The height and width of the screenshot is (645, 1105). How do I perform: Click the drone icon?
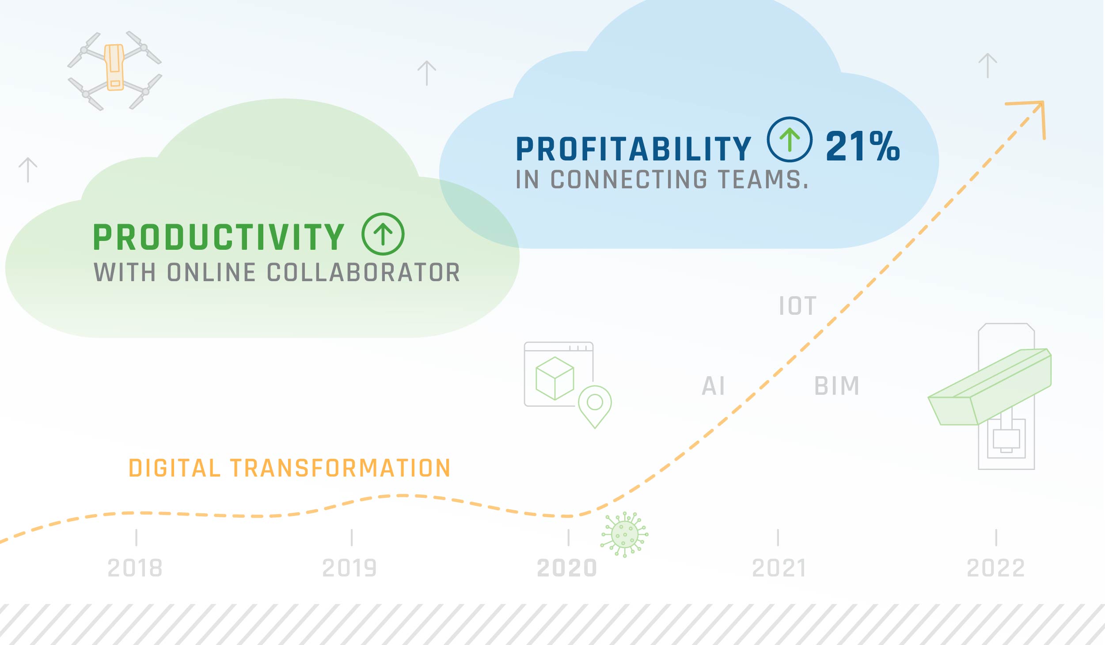tap(114, 70)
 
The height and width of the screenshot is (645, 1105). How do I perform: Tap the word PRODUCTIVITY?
tap(219, 237)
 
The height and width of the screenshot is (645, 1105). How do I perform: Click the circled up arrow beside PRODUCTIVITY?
tap(383, 234)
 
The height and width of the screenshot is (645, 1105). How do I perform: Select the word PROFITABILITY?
tap(634, 149)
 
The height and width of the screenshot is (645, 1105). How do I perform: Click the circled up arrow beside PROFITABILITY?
tap(790, 139)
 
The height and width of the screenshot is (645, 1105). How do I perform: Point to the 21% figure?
tap(863, 146)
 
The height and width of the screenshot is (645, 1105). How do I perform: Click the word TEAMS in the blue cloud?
tap(763, 180)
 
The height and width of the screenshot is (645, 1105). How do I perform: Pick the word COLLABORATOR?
tap(364, 272)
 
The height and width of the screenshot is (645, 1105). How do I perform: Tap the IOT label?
tap(797, 306)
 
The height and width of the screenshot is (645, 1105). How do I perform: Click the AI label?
tap(714, 386)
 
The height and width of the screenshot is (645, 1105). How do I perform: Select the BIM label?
tap(837, 386)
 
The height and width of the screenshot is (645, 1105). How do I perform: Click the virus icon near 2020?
tap(624, 534)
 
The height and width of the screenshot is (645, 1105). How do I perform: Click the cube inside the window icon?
tap(554, 378)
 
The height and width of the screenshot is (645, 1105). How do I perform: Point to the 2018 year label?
tap(135, 568)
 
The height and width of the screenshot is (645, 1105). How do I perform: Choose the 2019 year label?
tap(349, 568)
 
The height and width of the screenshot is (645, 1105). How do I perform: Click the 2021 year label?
tap(779, 568)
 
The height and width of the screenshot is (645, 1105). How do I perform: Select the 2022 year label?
tap(996, 568)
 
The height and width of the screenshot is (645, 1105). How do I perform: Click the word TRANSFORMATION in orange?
tap(340, 468)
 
